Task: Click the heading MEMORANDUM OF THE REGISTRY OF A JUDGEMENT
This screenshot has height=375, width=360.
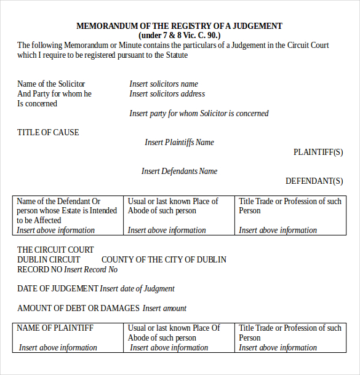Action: [x=179, y=26]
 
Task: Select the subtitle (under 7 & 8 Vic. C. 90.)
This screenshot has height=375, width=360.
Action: [x=179, y=36]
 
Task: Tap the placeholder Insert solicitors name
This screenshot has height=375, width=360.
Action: [x=164, y=84]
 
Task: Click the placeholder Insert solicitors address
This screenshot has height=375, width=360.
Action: [x=167, y=94]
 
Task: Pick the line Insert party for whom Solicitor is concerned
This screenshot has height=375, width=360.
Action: [x=199, y=114]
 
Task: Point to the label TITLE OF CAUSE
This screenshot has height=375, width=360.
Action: [x=48, y=133]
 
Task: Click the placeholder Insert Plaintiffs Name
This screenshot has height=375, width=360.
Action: [x=179, y=143]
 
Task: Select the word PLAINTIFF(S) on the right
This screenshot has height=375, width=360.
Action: [x=318, y=152]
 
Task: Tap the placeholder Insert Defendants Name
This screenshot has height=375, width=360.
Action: [x=179, y=172]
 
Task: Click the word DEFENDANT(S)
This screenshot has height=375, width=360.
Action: [x=314, y=181]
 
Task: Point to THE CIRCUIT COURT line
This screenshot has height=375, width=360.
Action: [x=55, y=250]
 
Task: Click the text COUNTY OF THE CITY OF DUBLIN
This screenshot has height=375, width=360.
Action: [x=164, y=260]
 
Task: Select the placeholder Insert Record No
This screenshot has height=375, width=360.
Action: [x=90, y=270]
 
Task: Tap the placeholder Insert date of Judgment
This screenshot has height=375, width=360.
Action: [x=137, y=289]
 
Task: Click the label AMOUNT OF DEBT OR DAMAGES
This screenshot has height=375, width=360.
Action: [x=78, y=309]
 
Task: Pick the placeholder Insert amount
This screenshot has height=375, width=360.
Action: [x=164, y=309]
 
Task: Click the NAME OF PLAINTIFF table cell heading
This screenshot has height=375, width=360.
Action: [x=55, y=328]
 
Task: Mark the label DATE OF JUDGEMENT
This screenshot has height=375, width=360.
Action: [x=57, y=289]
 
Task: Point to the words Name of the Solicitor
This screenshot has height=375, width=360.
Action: [x=51, y=84]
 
